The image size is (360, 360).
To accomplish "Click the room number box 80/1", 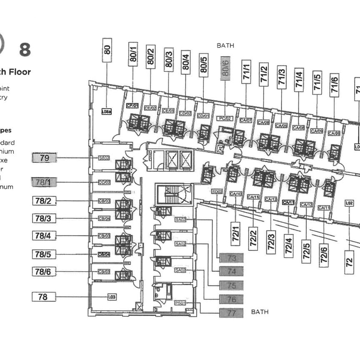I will pos(133,54).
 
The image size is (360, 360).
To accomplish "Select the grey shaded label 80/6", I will pos(225,68).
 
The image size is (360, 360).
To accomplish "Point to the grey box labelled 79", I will pos(44,158).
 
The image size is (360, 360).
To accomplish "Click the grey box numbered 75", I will pos(231,286).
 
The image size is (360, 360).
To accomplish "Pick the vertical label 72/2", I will pos(253,239).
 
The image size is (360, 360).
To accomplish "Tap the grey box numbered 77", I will pos(231,313).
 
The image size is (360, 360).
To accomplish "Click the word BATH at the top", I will pos(225,45).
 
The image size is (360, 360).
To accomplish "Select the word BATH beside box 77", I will pos(260,312).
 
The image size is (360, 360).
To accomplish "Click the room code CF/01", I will pos(132,106).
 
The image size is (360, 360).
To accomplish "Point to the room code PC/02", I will pos(224,119).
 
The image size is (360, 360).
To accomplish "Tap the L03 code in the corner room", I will pos(112,297).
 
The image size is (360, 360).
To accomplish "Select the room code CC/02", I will pos(104,182).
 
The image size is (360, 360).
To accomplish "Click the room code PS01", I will pos(180,303).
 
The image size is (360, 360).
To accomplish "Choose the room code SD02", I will pos(217,192).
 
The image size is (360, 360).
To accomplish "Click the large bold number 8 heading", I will pos(25,50).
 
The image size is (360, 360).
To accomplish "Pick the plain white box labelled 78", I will pos(44,297).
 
